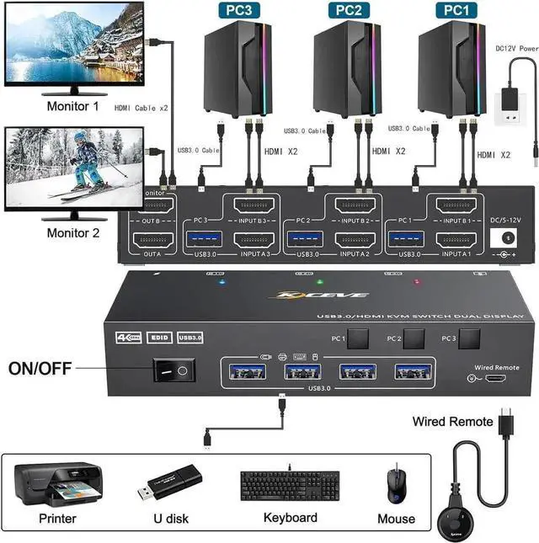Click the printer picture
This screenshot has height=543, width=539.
58,486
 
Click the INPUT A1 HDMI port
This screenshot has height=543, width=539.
466,240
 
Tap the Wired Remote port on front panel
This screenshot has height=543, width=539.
496,381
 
